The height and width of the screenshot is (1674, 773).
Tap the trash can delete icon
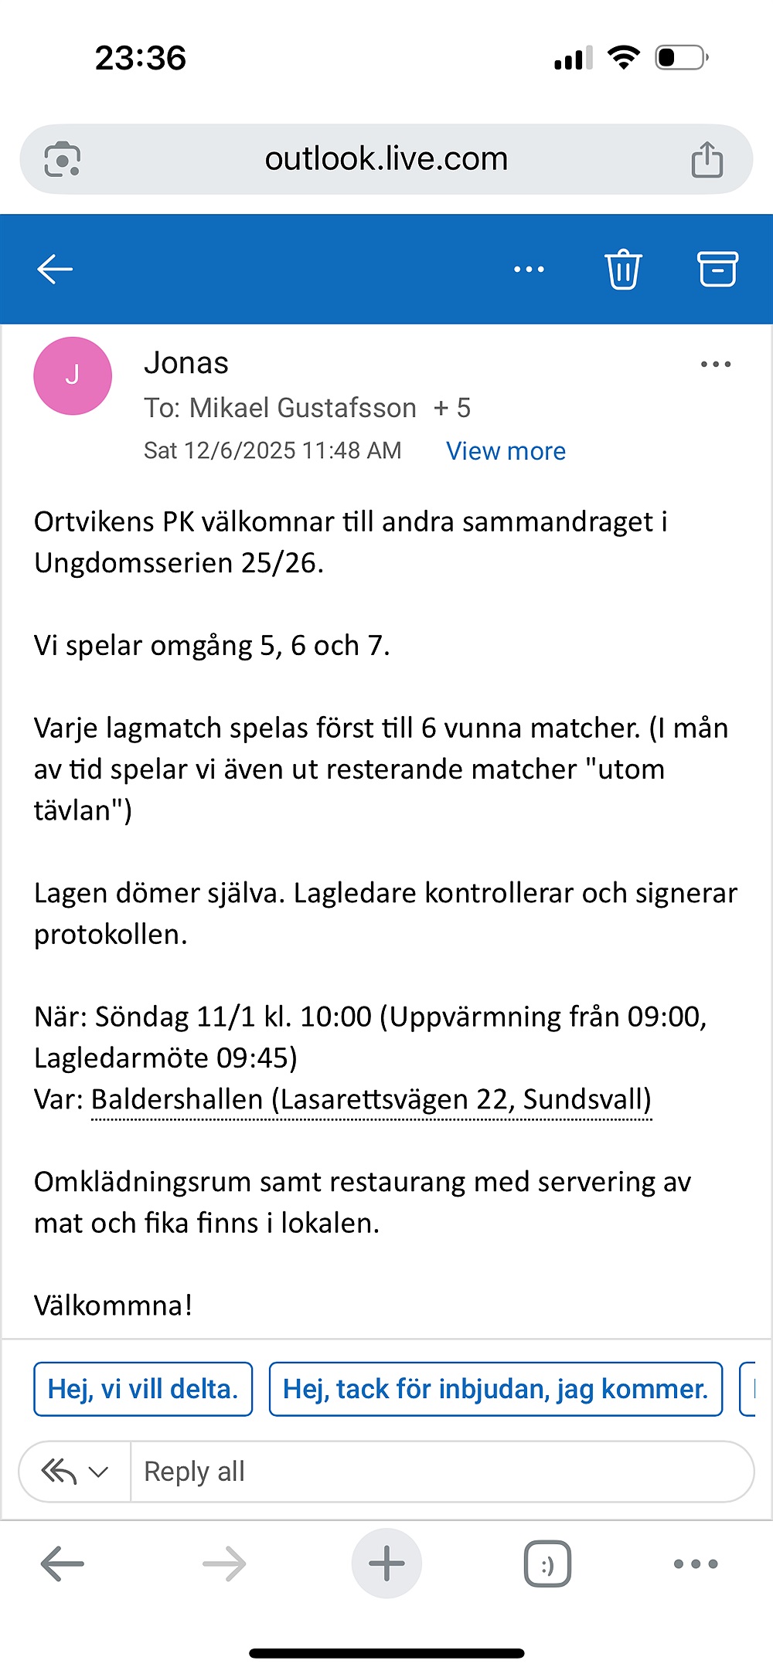coord(623,270)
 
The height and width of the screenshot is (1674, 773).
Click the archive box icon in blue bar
coord(718,269)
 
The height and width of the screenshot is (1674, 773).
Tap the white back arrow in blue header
coord(55,270)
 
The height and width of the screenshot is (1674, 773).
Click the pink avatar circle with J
coord(73,376)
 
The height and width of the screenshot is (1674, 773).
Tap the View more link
coord(506,451)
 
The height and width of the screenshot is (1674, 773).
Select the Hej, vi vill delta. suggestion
coord(143,1389)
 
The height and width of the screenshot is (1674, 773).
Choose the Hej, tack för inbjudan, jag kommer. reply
coord(495,1389)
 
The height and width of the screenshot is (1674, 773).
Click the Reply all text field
coord(441,1472)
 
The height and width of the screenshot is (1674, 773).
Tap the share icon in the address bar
coord(707,160)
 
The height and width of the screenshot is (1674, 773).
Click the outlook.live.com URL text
coord(386,159)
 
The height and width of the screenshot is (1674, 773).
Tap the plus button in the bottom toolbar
coord(386,1564)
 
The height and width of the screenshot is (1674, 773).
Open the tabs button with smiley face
coord(547,1564)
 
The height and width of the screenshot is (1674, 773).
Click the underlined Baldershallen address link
coord(371,1099)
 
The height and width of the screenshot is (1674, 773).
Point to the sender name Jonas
coord(186,363)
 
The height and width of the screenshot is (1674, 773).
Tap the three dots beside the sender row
coord(715,364)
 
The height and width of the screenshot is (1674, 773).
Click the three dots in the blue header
coord(529,270)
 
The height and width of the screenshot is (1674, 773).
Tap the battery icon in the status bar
coord(681,58)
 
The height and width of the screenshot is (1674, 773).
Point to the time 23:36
coord(141,58)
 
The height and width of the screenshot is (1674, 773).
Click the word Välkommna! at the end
coord(113,1306)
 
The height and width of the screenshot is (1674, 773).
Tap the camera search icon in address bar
coord(62,160)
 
